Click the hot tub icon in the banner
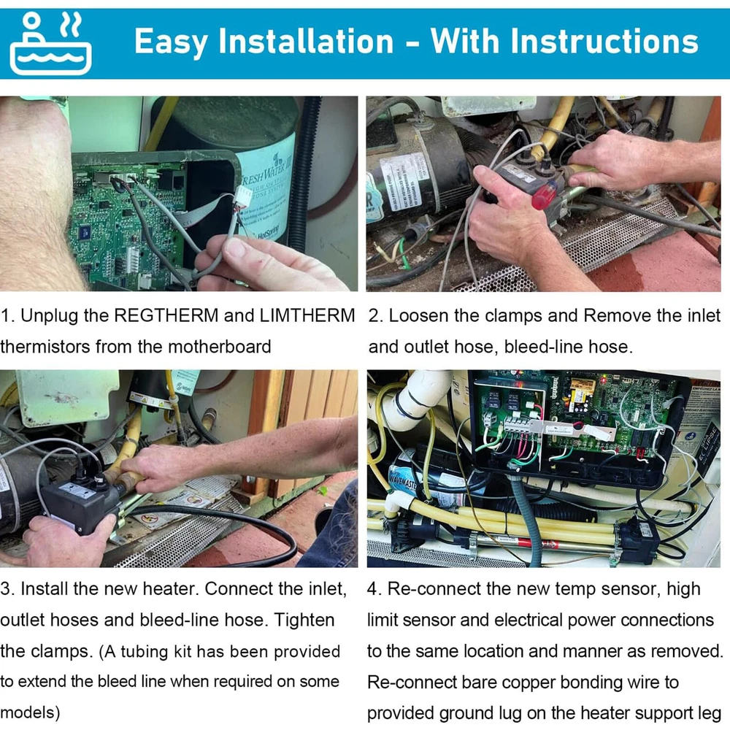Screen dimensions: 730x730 click(x=50, y=43)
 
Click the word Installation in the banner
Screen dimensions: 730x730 click(x=306, y=41)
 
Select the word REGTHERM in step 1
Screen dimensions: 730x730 click(x=166, y=315)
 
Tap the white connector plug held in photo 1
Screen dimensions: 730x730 click(x=242, y=196)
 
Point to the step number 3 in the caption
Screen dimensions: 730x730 click(x=6, y=589)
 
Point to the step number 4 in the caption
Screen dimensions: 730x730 click(x=373, y=589)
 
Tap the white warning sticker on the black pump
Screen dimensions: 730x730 click(x=399, y=183)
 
